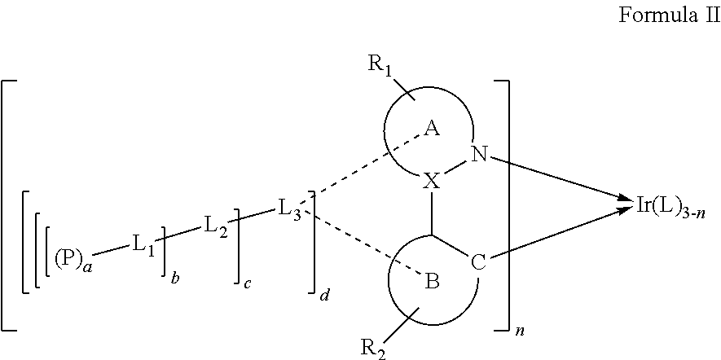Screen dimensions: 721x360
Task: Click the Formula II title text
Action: (669, 15)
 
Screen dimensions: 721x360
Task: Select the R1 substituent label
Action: (380, 65)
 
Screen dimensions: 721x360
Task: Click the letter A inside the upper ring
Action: (432, 130)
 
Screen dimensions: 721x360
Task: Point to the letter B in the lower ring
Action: (433, 280)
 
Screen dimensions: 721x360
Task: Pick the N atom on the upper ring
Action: (479, 156)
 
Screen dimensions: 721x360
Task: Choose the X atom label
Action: (431, 182)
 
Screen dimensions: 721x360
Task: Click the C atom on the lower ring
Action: (479, 265)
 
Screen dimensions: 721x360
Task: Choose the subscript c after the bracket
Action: (248, 283)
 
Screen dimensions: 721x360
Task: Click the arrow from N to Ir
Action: (559, 178)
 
